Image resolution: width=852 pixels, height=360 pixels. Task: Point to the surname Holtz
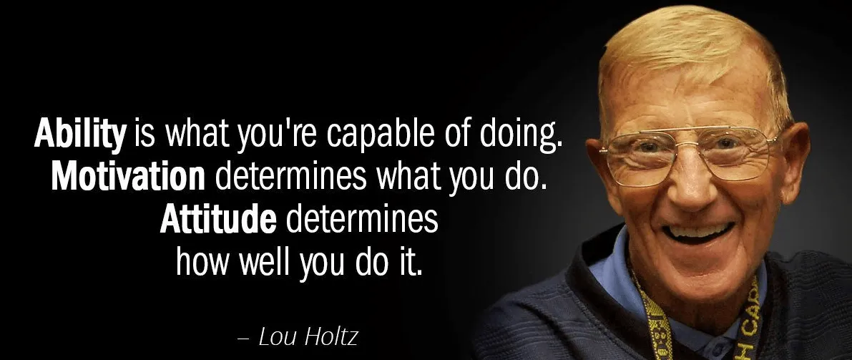331,336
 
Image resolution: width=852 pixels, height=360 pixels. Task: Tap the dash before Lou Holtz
243,339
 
